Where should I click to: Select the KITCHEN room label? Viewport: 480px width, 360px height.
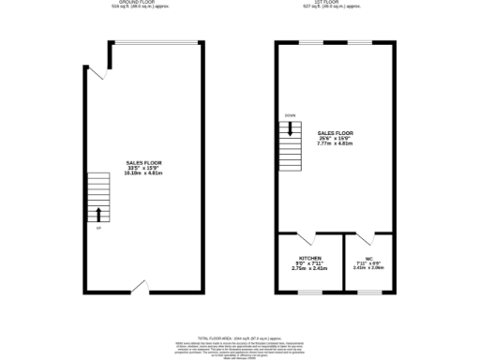coord(310,258)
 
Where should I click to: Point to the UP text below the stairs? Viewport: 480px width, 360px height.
coord(97,228)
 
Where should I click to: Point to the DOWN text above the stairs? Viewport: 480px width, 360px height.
coord(291,116)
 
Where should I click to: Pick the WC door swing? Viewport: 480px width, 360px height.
coord(368,238)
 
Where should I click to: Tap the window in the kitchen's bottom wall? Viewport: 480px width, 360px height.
coord(310,292)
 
